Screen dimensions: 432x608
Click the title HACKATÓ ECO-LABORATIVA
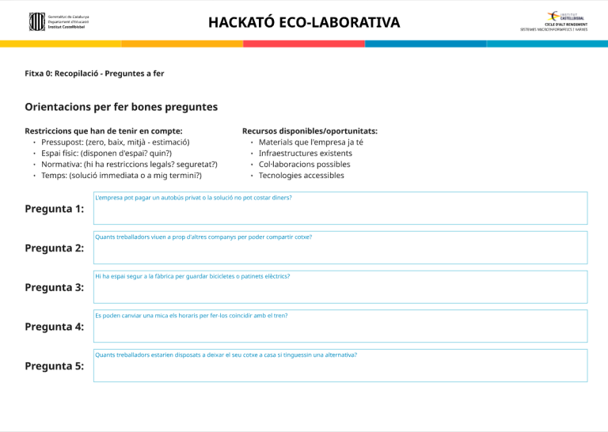(x=304, y=22)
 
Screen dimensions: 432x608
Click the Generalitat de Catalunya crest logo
(x=36, y=21)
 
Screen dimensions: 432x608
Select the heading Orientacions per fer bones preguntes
(x=121, y=107)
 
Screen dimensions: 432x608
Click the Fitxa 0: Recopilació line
(x=94, y=74)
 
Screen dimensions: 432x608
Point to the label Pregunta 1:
(x=55, y=209)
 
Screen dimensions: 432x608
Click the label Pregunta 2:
(x=55, y=248)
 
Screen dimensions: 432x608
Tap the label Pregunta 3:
(x=55, y=287)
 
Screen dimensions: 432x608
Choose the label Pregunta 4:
(x=55, y=327)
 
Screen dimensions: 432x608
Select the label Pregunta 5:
(x=55, y=366)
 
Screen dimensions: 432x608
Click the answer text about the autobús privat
(x=193, y=198)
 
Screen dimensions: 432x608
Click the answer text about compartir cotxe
(x=203, y=237)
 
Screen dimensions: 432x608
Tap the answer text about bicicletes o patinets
(x=192, y=276)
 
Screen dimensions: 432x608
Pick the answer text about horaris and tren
(x=191, y=316)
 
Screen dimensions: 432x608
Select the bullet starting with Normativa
(x=130, y=165)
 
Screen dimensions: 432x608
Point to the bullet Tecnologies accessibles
(x=302, y=176)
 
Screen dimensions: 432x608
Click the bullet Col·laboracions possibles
(x=304, y=165)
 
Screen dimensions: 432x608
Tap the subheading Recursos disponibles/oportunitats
(x=310, y=131)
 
